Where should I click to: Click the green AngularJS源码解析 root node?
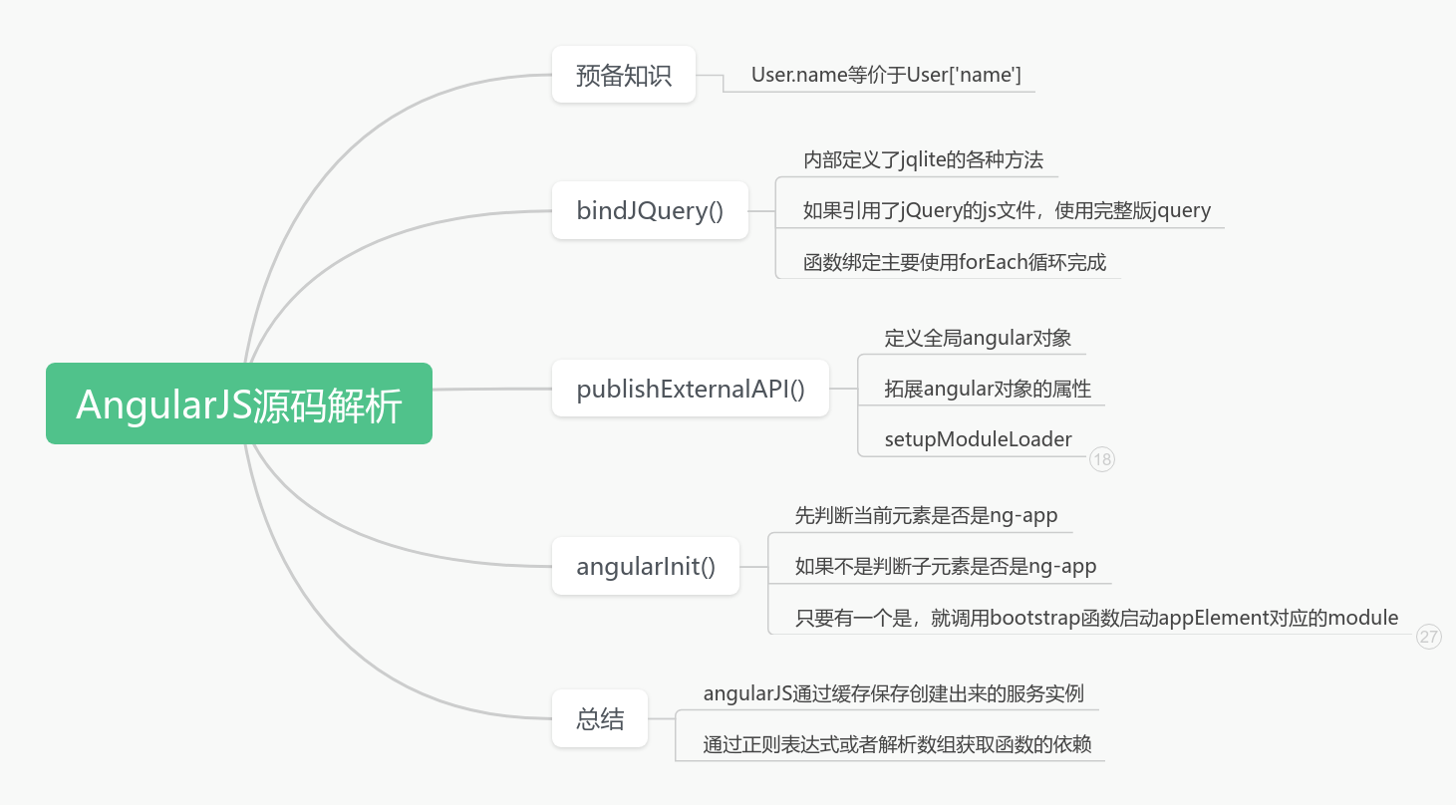point(239,403)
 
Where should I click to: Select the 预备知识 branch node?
point(624,75)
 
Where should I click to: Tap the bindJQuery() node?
point(650,210)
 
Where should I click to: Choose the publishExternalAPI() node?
point(691,389)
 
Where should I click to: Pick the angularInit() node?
point(646,567)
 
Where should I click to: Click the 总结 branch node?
point(600,719)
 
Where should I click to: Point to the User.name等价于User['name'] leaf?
point(886,75)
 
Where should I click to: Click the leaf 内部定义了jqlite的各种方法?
point(923,159)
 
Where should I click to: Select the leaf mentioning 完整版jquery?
point(1007,210)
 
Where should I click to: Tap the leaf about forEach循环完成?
point(955,263)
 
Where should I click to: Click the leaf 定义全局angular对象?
point(978,338)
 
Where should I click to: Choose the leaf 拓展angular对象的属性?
point(988,389)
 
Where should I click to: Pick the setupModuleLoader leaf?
point(978,439)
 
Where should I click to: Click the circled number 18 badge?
point(1101,459)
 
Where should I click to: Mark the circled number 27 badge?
point(1429,637)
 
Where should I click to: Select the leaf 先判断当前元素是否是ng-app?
point(926,516)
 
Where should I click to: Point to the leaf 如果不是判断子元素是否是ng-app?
point(946,567)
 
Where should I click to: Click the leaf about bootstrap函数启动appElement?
point(1096,618)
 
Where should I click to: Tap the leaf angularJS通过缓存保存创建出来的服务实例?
point(893,693)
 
